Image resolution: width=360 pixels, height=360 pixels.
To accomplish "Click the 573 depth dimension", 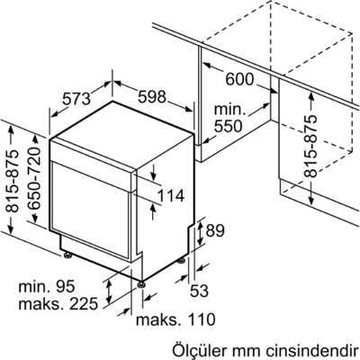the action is pos(76,98).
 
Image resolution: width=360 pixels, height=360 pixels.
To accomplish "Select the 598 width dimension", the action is pos(152,96).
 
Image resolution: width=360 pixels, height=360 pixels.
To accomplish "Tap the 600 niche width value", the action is pos(239,79).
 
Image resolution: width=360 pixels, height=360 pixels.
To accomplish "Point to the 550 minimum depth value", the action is pos(228,126).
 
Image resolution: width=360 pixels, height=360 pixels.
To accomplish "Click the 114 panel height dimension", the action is pos(170,196).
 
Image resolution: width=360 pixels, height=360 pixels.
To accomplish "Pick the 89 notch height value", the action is pos(214,231).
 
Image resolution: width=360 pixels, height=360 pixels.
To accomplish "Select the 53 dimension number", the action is pos(199,290).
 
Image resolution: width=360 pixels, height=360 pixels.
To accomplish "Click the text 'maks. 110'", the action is pos(175,319).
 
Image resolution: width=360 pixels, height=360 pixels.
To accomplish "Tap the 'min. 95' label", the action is pos(47,287).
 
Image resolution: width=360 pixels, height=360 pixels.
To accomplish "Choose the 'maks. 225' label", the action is pos(58,303).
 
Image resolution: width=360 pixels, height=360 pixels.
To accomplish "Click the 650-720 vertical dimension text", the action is pos(33,179).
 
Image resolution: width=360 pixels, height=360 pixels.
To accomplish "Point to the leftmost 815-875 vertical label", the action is pos(12,181).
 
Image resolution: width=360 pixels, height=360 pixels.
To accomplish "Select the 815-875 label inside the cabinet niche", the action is pos(310,146).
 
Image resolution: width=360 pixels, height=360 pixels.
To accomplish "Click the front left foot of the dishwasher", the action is pos(67,255).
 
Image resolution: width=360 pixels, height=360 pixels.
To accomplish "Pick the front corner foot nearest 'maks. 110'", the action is pos(141,283).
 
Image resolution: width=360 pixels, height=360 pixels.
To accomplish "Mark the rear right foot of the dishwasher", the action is pos(181,261).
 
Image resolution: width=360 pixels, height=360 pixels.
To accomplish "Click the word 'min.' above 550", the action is pos(229,109).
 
